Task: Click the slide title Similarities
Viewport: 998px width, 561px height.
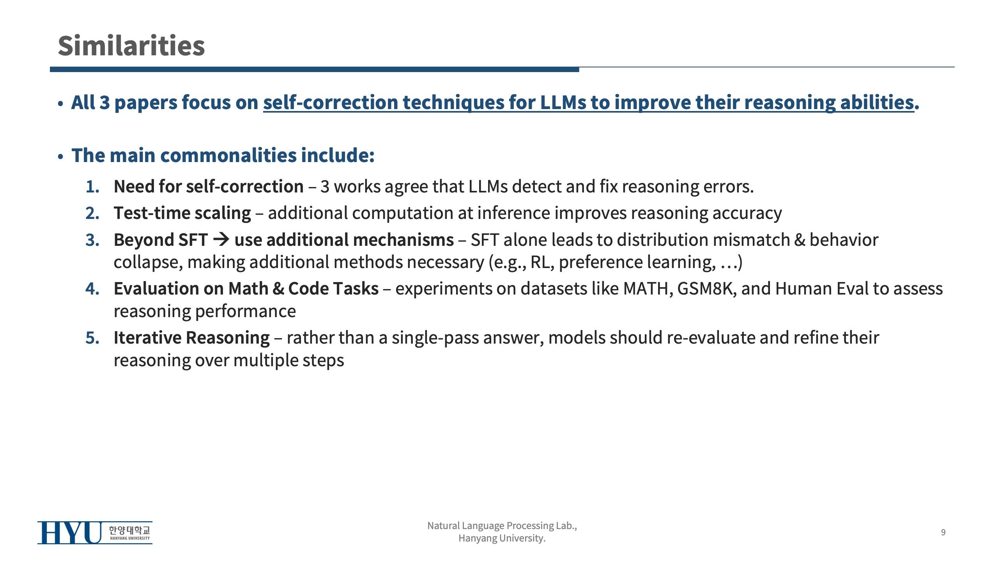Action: [x=131, y=46]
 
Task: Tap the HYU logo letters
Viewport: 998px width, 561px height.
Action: [x=69, y=533]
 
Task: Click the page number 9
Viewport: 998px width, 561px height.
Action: [x=943, y=532]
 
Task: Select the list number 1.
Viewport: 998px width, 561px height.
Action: [x=92, y=187]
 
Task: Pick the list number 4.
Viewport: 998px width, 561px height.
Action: [x=92, y=289]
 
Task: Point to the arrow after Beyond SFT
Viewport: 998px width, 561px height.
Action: [x=221, y=239]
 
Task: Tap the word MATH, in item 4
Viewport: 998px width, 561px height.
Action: [x=648, y=289]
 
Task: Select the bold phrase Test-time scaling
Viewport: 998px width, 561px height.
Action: [x=182, y=213]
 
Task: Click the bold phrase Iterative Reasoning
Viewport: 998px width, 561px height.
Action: [x=192, y=338]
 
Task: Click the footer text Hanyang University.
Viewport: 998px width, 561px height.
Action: [x=502, y=538]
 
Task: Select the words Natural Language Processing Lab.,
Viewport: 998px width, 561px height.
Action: [x=502, y=526]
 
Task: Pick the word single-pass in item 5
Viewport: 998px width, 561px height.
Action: [x=435, y=338]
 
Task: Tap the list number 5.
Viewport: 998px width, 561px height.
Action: [x=92, y=338]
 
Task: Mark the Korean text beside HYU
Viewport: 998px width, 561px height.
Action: [x=129, y=530]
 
